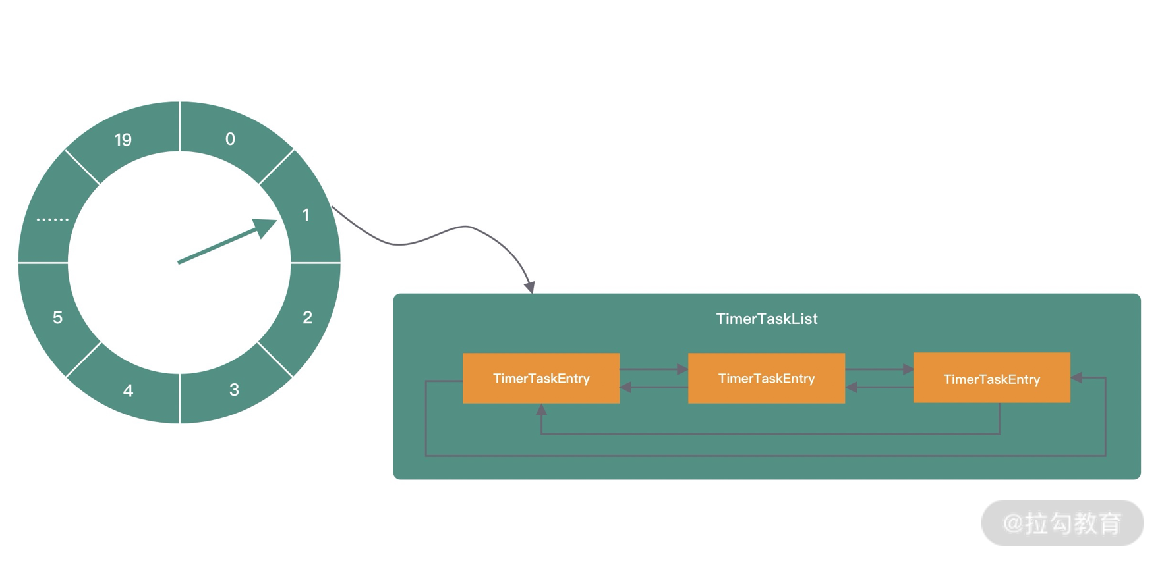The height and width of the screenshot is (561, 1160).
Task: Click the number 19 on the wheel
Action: (123, 140)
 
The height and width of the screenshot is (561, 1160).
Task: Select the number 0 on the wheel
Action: (230, 139)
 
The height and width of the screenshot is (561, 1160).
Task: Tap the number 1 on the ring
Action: (306, 215)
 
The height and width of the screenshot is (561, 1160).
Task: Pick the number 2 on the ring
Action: (307, 318)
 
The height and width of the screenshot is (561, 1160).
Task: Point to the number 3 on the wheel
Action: (234, 390)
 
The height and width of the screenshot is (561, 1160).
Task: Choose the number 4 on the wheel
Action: (129, 391)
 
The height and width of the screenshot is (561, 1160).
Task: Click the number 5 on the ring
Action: (58, 318)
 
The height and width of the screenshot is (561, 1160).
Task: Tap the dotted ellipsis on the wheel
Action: (53, 219)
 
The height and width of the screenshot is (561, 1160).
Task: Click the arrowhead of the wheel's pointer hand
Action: (266, 227)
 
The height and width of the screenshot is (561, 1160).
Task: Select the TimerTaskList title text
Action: (767, 319)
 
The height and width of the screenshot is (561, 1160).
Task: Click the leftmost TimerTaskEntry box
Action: (541, 378)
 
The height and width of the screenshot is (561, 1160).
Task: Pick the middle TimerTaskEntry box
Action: (767, 378)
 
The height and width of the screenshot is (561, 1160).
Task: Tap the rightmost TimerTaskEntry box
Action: (991, 378)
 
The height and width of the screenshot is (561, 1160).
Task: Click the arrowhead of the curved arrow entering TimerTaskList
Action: (529, 287)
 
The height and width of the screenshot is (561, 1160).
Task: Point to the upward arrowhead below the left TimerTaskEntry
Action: (541, 410)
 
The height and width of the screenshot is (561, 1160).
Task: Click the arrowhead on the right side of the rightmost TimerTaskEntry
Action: (1076, 377)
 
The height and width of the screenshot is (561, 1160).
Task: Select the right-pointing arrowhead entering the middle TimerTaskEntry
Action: (683, 369)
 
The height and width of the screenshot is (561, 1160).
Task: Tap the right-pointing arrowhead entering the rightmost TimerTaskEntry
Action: (908, 369)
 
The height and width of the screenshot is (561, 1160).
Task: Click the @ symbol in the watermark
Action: (1013, 523)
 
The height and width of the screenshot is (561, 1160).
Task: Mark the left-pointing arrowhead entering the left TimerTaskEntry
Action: (625, 387)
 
